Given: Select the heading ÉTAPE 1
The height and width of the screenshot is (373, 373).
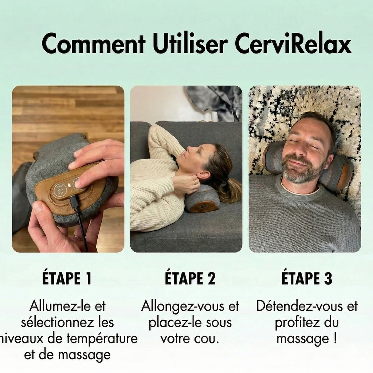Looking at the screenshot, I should [x=67, y=279].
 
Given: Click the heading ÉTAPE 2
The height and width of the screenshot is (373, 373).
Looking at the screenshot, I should [x=190, y=279].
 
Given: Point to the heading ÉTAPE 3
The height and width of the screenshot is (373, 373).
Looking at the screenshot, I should [x=307, y=279].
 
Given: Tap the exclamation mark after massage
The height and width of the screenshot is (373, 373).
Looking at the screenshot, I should [x=334, y=338].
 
